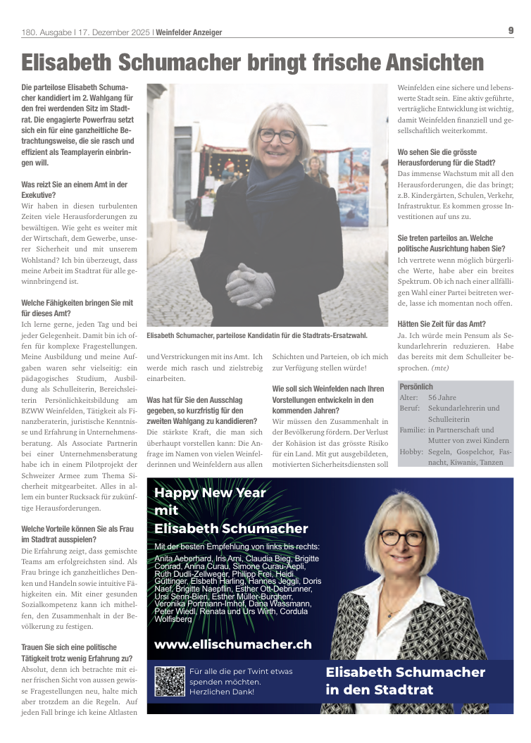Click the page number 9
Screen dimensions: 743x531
coord(511,30)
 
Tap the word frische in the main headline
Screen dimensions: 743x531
coord(337,63)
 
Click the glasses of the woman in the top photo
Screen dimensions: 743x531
coord(277,135)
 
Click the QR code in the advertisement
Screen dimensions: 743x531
coord(169,681)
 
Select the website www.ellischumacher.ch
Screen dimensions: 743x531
coord(232,644)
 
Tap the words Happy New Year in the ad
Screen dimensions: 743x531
coord(209,493)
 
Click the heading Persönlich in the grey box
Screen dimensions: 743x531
coord(416,387)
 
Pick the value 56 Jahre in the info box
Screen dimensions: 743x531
coord(442,398)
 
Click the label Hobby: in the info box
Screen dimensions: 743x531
coord(411,451)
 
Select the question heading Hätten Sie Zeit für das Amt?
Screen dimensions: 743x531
coord(442,324)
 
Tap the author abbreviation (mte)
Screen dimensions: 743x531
coord(437,368)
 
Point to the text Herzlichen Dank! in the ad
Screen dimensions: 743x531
coord(222,692)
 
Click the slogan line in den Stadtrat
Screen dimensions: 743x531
coord(379,689)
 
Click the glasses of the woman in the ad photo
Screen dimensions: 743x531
coord(402,539)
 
